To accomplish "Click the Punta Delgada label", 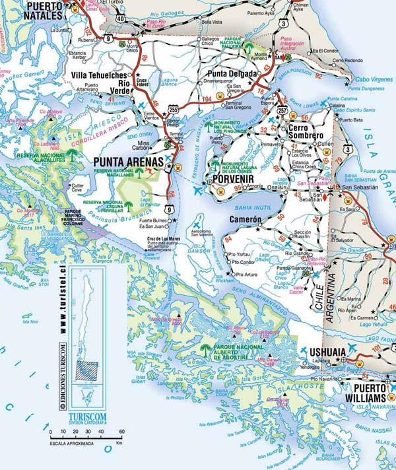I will (232, 74).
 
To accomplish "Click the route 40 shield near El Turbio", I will (121, 19).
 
